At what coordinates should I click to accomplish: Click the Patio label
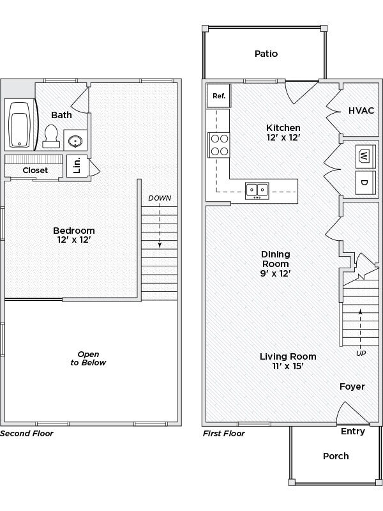(266, 54)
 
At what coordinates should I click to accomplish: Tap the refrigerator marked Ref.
(218, 96)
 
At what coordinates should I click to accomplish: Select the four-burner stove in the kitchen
(220, 144)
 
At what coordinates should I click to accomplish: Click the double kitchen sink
(257, 190)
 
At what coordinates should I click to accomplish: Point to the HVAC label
(361, 110)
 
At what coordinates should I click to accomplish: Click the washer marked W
(364, 155)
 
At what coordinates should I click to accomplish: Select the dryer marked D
(364, 183)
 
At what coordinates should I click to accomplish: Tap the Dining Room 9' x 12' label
(275, 264)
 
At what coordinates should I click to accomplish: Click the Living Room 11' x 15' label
(287, 362)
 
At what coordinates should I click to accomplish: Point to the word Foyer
(352, 386)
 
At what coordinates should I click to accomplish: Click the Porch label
(336, 455)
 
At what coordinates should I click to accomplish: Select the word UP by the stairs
(361, 353)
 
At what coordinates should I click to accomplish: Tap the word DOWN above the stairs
(160, 198)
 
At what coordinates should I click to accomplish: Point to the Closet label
(35, 171)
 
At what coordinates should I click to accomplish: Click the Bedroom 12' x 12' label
(73, 235)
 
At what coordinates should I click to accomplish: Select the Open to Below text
(91, 358)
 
